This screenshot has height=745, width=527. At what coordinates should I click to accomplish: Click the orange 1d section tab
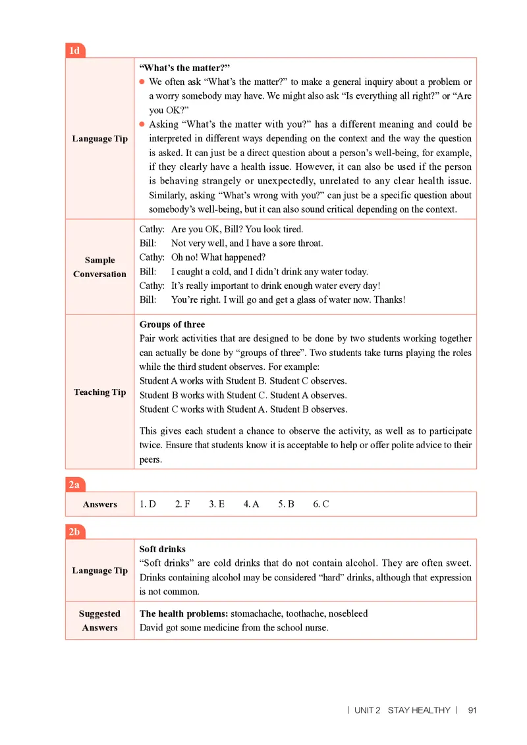tap(75, 51)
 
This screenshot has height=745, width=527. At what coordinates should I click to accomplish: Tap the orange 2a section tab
tap(75, 485)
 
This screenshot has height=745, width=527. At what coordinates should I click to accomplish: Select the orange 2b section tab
tap(75, 532)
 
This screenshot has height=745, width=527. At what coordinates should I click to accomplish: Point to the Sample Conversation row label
tap(99, 267)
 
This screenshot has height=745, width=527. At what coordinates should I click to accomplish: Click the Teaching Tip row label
tap(99, 392)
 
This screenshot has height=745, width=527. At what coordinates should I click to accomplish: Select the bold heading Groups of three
tap(172, 324)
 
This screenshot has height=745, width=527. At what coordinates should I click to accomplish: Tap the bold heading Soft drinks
tap(162, 549)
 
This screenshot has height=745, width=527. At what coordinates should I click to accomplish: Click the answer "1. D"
tap(148, 504)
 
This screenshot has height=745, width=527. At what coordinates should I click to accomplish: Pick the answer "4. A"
tap(251, 504)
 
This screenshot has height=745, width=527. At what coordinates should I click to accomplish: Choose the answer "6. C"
tap(321, 504)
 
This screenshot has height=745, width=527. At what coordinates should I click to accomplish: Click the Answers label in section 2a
tap(99, 504)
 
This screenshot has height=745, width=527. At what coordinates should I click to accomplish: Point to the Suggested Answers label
tap(99, 621)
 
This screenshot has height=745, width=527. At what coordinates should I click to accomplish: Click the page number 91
tap(472, 710)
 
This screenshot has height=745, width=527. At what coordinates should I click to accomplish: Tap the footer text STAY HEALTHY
tap(419, 710)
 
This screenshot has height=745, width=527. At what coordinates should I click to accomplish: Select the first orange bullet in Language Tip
tap(142, 82)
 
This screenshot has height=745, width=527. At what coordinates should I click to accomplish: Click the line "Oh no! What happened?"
tap(218, 257)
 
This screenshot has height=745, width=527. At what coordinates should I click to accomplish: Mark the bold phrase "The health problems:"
tap(183, 613)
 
